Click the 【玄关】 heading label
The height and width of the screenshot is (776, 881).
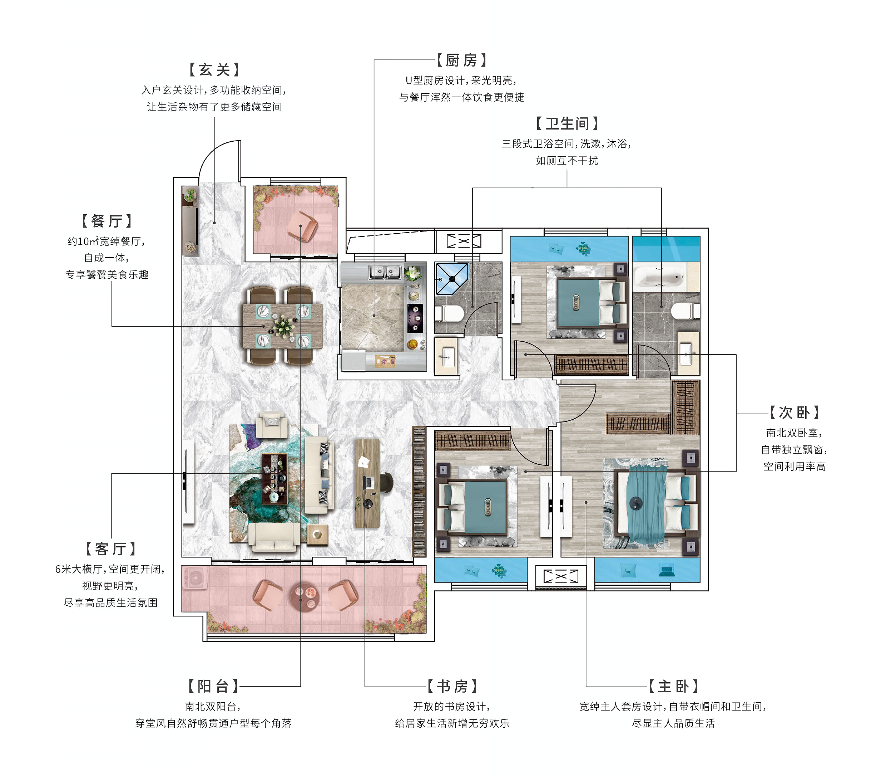[214, 70]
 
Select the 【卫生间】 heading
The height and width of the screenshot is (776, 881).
[567, 124]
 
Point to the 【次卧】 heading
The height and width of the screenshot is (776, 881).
[795, 413]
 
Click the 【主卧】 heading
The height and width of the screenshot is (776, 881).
[673, 686]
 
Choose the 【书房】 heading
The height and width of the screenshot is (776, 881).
[452, 686]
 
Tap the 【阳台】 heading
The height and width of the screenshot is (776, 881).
[213, 686]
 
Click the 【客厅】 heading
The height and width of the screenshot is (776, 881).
[110, 549]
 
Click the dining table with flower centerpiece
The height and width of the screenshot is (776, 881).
[282, 326]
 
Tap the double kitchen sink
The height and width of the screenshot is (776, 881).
[385, 272]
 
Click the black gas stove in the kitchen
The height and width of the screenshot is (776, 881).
[415, 318]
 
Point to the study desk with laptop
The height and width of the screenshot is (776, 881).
[367, 483]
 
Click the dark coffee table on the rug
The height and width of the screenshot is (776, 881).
[274, 479]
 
